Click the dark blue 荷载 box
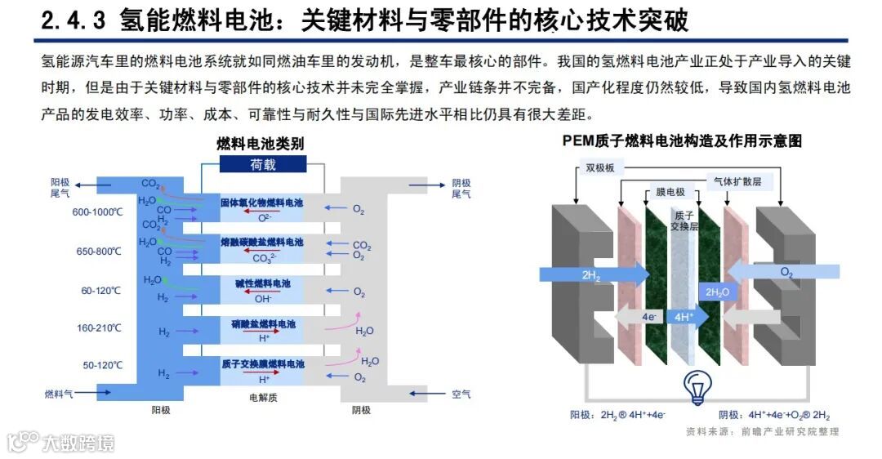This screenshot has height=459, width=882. (263, 164)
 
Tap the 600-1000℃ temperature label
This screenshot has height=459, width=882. (97, 212)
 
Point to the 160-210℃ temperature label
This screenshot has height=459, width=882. (99, 328)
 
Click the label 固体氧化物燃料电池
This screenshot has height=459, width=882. (261, 202)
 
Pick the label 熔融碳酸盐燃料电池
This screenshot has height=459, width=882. (261, 243)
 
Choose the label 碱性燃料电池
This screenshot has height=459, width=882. (261, 283)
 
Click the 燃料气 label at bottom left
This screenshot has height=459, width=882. (59, 394)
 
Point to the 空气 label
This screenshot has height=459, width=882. (461, 394)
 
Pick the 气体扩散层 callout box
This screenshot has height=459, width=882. (737, 182)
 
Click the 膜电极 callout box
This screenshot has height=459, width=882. (670, 193)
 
